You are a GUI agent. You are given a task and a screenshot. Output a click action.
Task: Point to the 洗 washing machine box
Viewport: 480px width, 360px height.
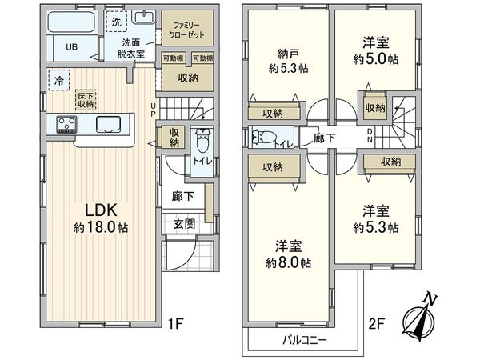click(116, 20)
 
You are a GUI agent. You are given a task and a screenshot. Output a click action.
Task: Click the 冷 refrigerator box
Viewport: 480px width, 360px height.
click(58, 80)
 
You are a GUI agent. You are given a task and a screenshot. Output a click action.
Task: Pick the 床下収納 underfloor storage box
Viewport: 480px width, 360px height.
click(86, 99)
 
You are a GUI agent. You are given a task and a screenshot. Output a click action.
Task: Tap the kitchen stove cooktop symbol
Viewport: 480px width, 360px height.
click(66, 124)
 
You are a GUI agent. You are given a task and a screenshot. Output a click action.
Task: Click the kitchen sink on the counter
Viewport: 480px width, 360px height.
click(108, 124)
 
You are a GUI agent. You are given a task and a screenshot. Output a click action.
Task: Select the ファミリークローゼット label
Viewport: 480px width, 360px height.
click(188, 30)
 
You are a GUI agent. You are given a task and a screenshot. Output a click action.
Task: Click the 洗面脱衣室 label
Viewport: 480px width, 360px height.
click(133, 48)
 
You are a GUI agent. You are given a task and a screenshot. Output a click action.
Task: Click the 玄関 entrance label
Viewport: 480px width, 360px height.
click(183, 223)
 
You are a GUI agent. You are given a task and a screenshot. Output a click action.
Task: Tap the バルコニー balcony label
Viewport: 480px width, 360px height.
click(303, 339)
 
